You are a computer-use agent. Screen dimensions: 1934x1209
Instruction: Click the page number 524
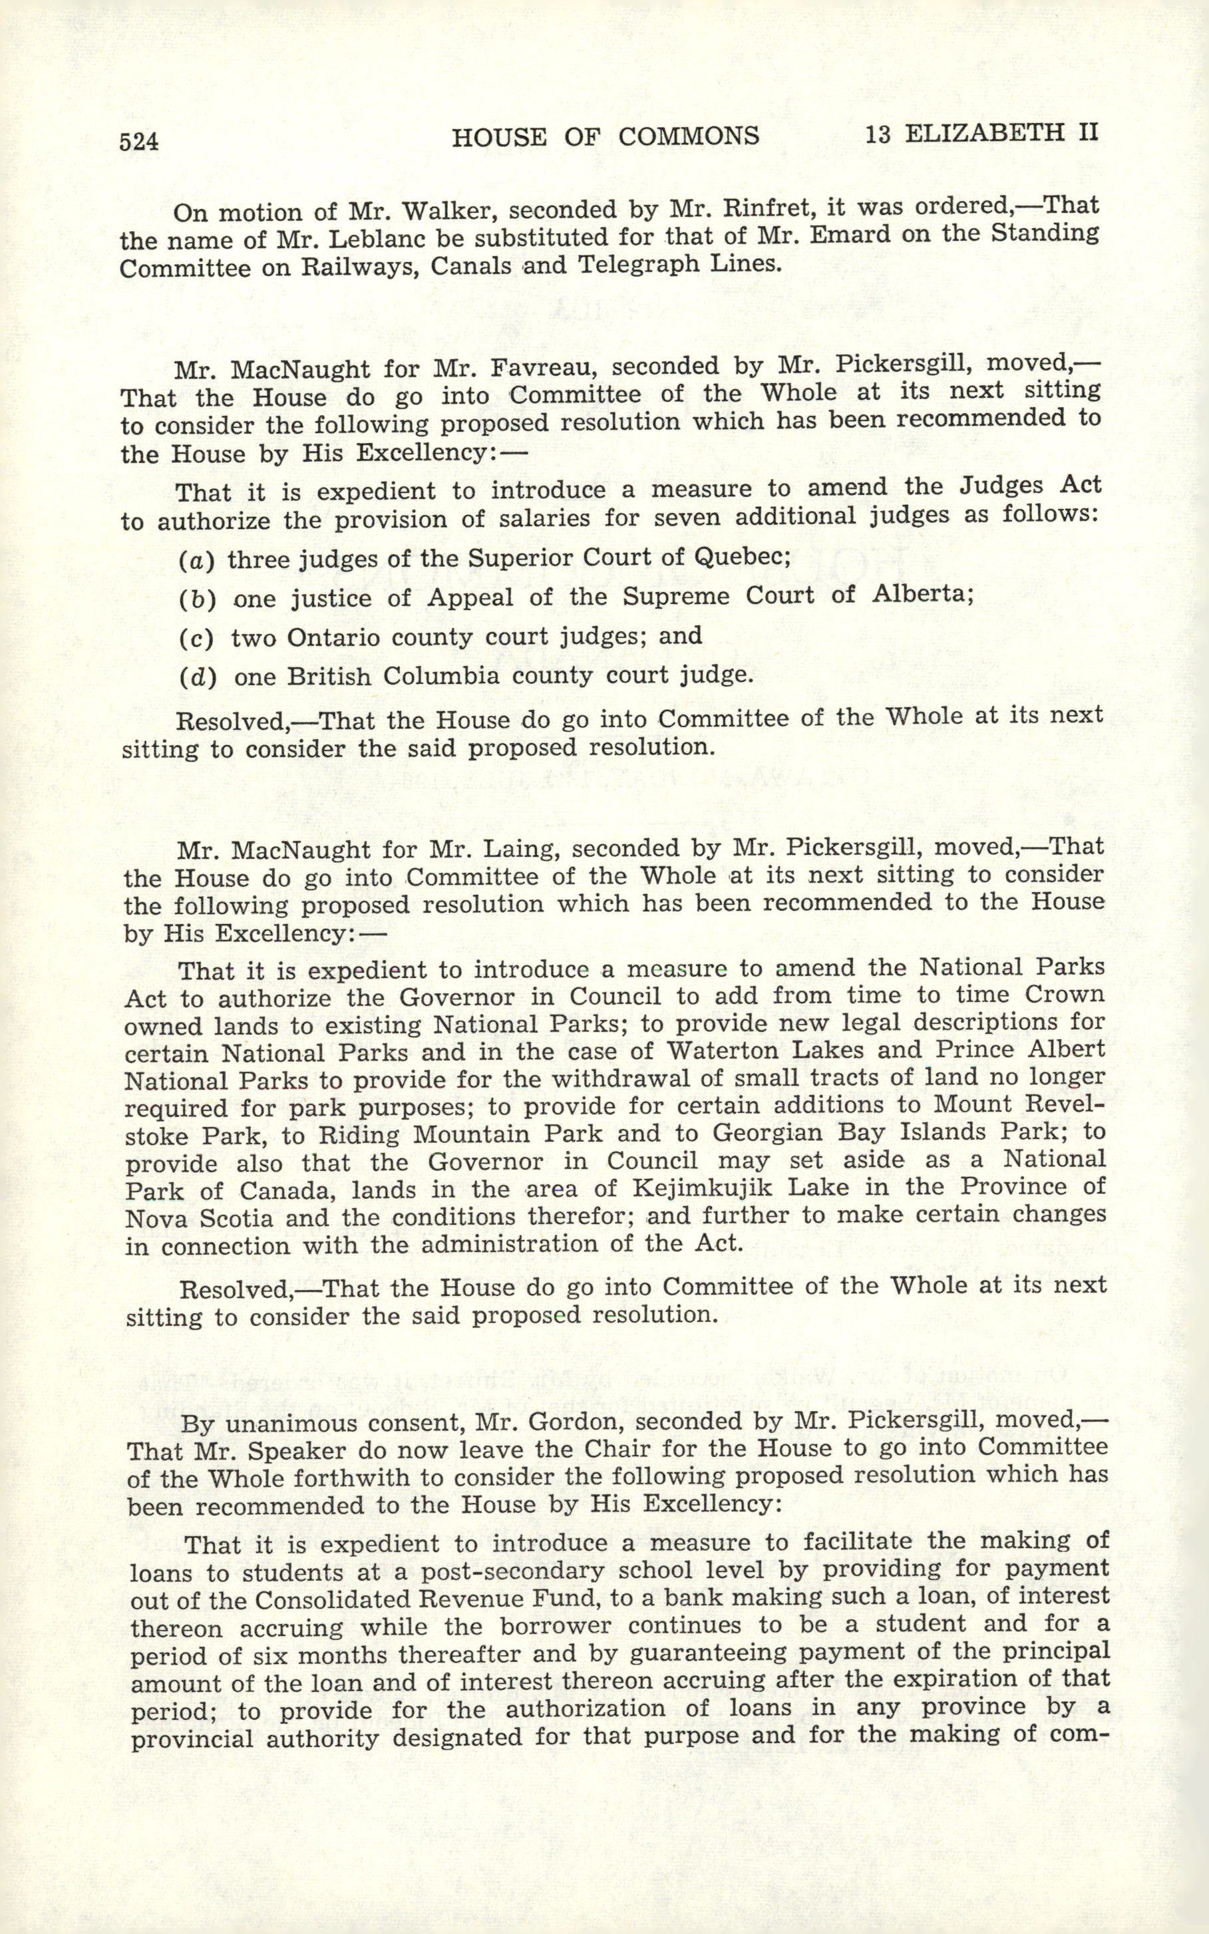point(139,142)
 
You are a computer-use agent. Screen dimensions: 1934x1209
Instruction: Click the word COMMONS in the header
point(689,136)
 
